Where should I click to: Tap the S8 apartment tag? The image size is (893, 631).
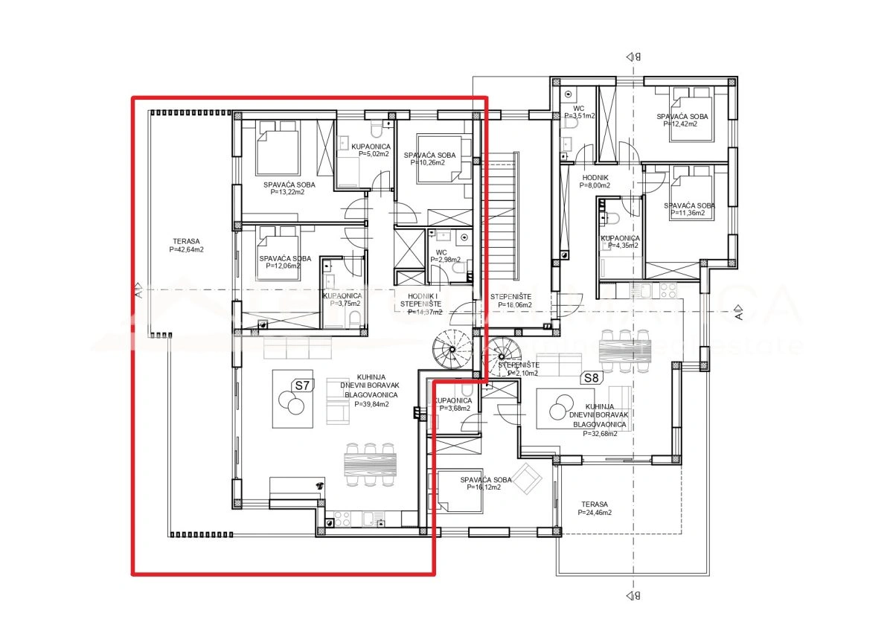(x=590, y=377)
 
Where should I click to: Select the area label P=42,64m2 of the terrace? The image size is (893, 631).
(x=187, y=250)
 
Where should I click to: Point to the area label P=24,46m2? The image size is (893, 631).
(x=595, y=513)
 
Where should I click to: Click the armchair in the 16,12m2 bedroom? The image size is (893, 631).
(x=529, y=480)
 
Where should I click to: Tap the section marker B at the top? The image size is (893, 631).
(x=633, y=57)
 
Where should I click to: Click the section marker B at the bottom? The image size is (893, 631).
(x=633, y=595)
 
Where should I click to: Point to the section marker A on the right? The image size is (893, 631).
(x=737, y=310)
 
